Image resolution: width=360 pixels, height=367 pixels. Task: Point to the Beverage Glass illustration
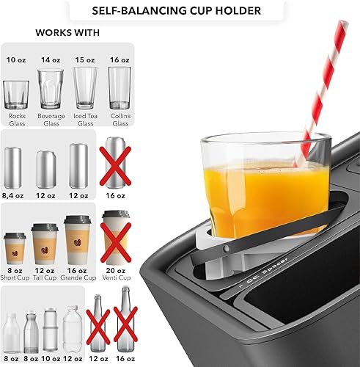[50, 89]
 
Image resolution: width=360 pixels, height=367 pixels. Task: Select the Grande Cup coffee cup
[78, 244]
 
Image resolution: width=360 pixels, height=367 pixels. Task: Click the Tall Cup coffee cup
[45, 247]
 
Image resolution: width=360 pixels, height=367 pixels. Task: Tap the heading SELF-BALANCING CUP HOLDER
[179, 12]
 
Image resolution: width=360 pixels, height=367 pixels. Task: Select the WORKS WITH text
[68, 34]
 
